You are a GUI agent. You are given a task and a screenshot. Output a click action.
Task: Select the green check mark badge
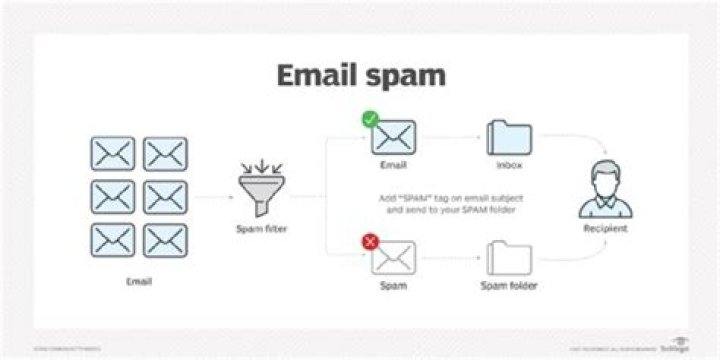(370, 120)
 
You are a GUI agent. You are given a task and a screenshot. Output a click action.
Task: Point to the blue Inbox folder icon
(509, 138)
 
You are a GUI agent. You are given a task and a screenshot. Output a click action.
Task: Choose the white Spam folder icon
(509, 257)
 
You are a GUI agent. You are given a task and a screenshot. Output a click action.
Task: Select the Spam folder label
(510, 286)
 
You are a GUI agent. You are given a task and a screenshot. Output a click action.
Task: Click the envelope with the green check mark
(393, 138)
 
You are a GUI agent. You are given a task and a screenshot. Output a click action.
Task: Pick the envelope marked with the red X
(393, 257)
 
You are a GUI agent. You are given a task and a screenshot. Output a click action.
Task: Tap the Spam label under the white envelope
(393, 286)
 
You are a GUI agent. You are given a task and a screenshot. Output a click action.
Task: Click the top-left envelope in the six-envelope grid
(113, 153)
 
